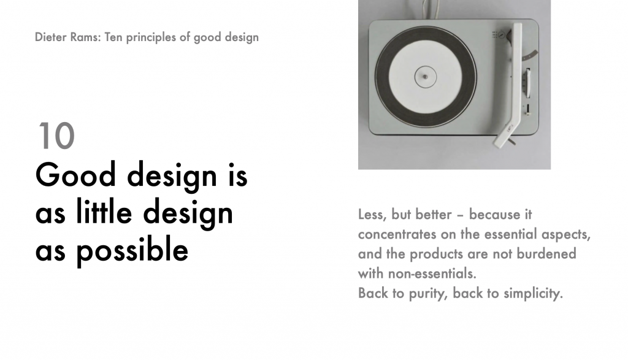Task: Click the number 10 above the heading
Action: click(x=56, y=136)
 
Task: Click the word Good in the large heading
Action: click(x=75, y=175)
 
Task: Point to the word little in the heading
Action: click(x=104, y=212)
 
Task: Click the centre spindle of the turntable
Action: click(x=426, y=77)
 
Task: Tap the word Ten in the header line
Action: click(x=113, y=37)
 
